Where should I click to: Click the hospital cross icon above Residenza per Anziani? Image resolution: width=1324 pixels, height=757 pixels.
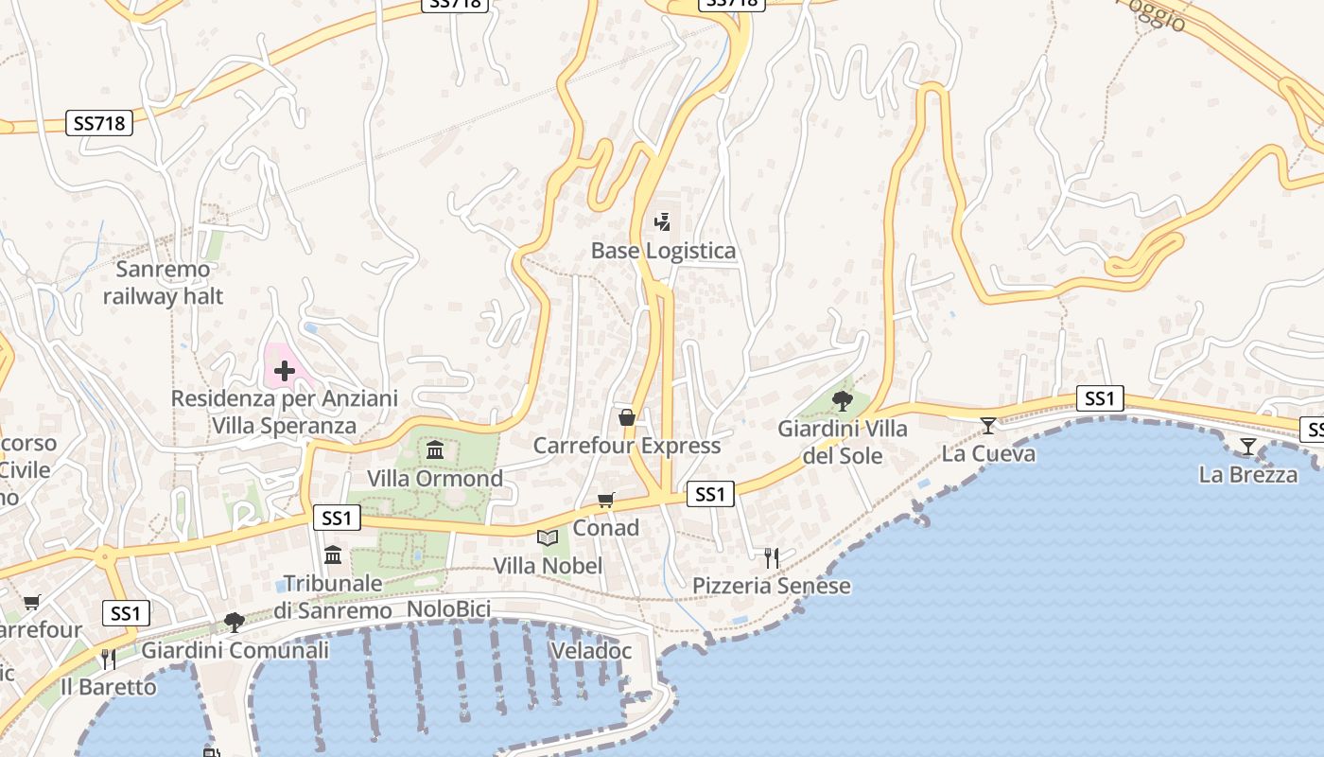284,370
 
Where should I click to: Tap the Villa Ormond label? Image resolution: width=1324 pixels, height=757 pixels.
435,479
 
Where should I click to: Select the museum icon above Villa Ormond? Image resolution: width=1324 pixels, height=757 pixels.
435,449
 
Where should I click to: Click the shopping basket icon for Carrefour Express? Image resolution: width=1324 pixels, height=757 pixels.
626,417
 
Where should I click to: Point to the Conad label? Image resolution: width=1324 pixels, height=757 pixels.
605,528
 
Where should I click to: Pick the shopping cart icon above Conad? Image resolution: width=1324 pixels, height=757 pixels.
605,500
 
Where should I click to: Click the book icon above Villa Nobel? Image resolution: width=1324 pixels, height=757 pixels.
548,537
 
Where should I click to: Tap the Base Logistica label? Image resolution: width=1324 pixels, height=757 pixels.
663,251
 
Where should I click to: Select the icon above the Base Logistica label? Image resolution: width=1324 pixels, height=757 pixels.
663,222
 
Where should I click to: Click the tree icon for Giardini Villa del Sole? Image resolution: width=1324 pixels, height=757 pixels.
842,400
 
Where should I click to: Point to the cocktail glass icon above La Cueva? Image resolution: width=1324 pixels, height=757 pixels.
988,426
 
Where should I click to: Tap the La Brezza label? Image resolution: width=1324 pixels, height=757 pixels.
1247,475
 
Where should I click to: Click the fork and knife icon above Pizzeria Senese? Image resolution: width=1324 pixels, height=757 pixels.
772,557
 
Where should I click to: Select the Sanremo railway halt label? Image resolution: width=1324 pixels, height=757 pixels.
163,283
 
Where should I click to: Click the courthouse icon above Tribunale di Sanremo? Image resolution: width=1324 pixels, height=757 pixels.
333,555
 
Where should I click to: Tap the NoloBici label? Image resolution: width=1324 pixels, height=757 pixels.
448,609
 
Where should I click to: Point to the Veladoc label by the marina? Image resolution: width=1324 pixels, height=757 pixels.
590,651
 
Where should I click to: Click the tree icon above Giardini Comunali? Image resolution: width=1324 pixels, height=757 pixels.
235,622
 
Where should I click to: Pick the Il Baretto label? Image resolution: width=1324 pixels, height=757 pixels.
108,687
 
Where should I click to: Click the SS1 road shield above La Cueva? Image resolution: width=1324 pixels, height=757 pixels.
1099,398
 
